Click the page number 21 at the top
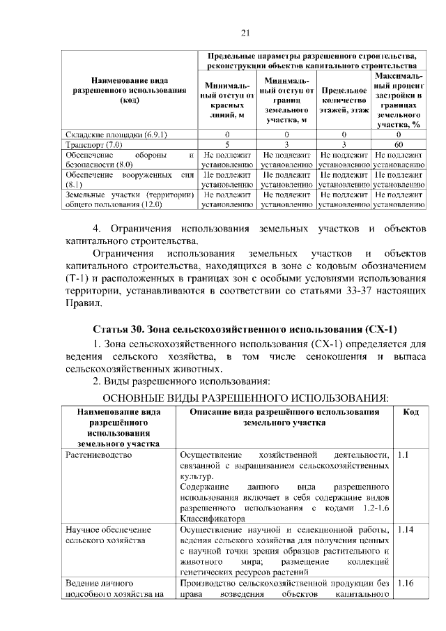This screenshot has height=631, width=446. click(245, 33)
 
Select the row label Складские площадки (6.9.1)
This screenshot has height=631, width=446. click(116, 133)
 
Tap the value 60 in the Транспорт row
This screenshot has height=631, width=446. click(398, 144)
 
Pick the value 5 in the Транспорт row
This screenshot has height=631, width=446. click(227, 144)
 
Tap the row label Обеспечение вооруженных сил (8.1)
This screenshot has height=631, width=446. click(129, 179)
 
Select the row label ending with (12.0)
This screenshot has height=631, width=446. click(129, 201)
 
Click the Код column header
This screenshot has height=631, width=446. click(410, 413)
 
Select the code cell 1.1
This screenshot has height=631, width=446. click(402, 455)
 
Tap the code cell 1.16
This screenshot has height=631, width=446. click(404, 583)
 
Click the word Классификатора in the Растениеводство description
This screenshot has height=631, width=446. click(212, 519)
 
